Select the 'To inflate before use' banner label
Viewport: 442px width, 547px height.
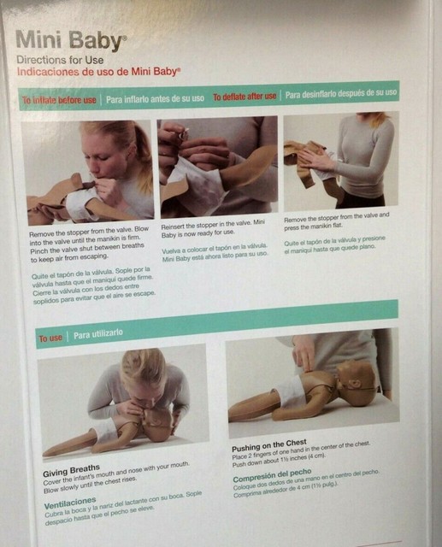coord(61,100)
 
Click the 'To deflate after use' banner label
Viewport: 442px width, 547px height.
coord(245,96)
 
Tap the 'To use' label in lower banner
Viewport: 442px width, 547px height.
coord(50,338)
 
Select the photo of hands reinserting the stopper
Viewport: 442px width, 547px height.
coord(218,166)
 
